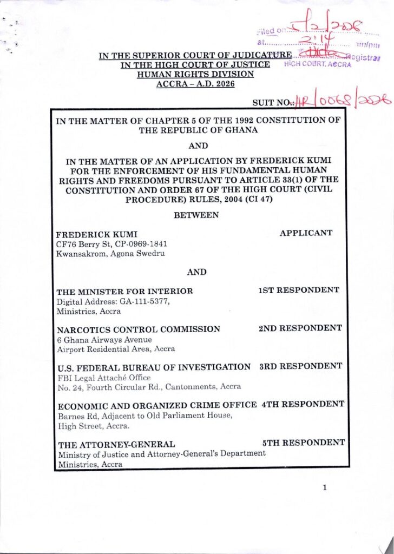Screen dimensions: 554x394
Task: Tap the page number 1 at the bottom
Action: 324,487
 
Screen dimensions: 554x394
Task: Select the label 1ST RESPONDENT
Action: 299,290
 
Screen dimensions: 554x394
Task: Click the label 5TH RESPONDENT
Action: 303,443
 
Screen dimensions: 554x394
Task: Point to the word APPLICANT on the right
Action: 306,233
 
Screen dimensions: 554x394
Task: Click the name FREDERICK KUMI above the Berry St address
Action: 90,235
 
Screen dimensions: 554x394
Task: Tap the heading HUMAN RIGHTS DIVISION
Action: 195,74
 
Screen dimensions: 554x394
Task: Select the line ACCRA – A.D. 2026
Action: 195,84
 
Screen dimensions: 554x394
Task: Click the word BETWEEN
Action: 196,215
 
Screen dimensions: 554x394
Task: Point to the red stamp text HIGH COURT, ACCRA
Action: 318,64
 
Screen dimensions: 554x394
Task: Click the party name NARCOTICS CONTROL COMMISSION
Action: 139,329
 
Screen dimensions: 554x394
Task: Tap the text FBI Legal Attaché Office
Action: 104,377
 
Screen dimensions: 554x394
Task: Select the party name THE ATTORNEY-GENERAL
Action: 116,445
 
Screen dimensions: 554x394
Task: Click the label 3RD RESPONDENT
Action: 300,366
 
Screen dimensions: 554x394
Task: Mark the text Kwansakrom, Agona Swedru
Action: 111,253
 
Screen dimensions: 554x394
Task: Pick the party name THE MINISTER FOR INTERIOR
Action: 125,292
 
